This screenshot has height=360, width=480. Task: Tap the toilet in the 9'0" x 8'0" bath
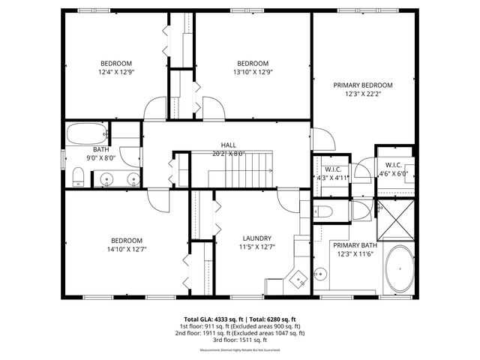tap(78, 178)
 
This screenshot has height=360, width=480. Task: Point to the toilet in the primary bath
tap(320, 211)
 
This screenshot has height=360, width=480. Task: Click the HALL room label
tap(229, 145)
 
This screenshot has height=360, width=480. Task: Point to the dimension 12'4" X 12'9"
tap(117, 72)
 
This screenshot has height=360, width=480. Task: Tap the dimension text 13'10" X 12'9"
tap(253, 72)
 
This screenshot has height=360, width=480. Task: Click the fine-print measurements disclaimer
tap(240, 350)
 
